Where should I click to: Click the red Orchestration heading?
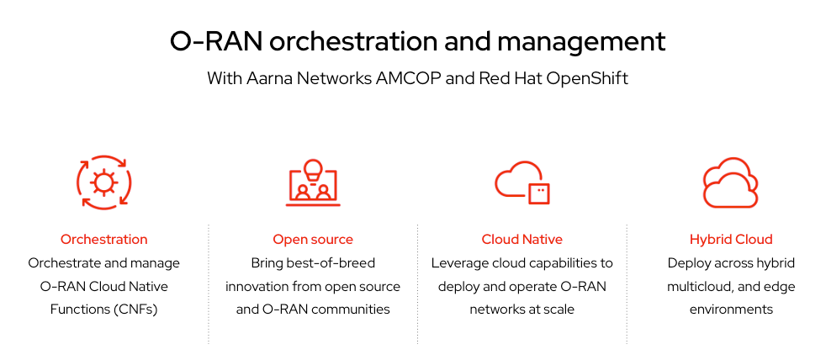pyautogui.click(x=103, y=240)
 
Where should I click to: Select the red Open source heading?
pyautogui.click(x=313, y=240)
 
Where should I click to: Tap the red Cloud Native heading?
pyautogui.click(x=522, y=240)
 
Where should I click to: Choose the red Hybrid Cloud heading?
pyautogui.click(x=731, y=240)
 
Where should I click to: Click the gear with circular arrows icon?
pyautogui.click(x=103, y=182)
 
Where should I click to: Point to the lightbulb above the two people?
pyautogui.click(x=313, y=168)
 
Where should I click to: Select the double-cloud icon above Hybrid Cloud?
pyautogui.click(x=730, y=183)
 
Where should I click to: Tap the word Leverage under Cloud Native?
pyautogui.click(x=460, y=263)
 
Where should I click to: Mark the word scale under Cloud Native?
pyautogui.click(x=558, y=309)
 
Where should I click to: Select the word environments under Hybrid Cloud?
pyautogui.click(x=731, y=309)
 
